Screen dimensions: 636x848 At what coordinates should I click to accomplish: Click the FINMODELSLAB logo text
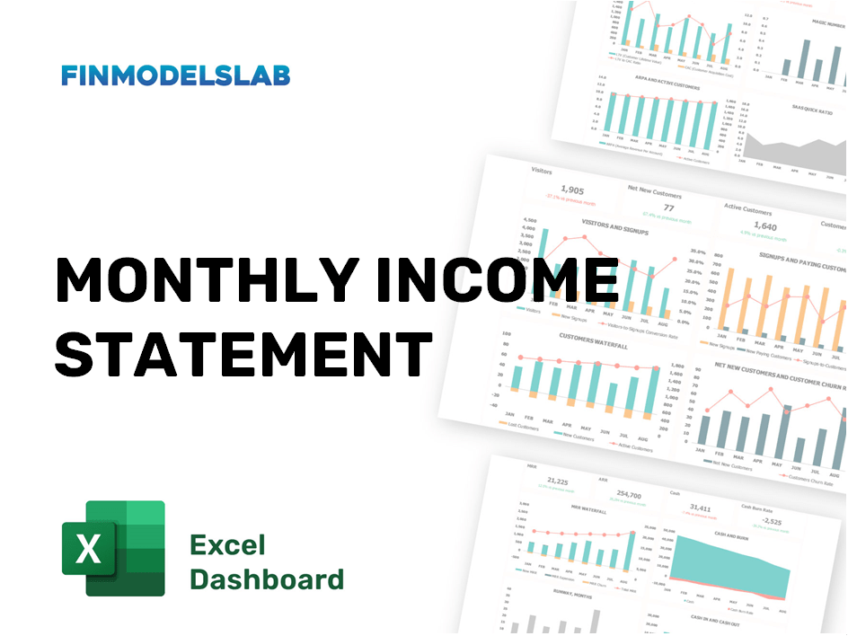pos(176,75)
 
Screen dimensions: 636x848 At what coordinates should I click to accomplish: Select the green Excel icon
pos(113,548)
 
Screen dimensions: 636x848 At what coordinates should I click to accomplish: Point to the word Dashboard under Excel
pos(267,579)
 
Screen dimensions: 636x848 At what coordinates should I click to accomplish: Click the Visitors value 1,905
pos(570,190)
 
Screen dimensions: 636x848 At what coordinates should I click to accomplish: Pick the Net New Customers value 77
pos(668,208)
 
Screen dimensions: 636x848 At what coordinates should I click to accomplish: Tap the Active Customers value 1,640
pos(764,226)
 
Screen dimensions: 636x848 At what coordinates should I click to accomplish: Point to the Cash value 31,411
pos(700,508)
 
